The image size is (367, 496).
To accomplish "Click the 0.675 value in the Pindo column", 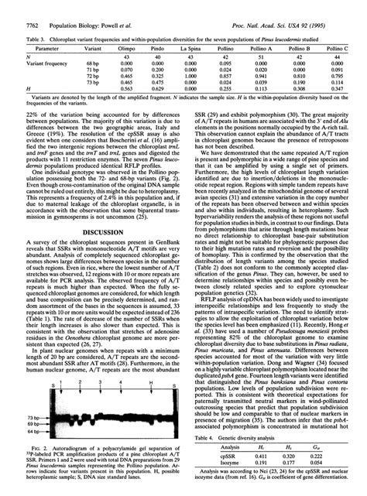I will pyautogui.click(x=158, y=83).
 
